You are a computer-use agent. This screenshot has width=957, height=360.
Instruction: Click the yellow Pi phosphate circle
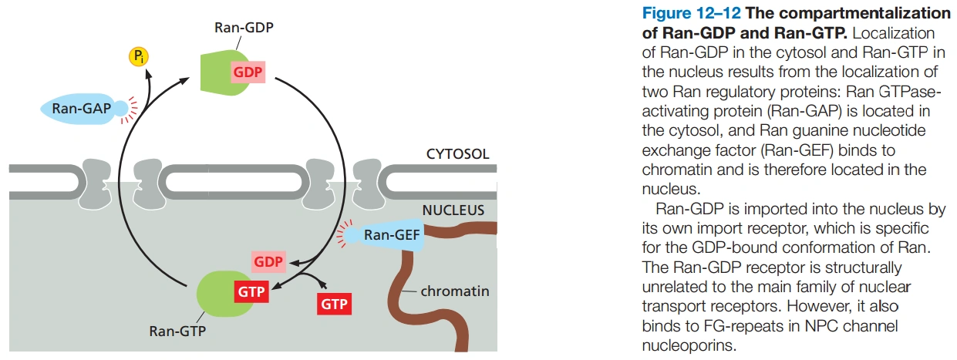click(139, 56)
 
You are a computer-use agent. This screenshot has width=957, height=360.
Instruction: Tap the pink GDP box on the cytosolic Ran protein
click(248, 72)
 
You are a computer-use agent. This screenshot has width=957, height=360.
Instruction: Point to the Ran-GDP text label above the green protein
click(244, 27)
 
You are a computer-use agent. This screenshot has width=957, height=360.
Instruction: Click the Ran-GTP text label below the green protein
click(177, 331)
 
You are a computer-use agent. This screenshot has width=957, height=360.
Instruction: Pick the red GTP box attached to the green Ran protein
click(251, 291)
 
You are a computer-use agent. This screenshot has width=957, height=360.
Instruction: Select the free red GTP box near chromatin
click(334, 304)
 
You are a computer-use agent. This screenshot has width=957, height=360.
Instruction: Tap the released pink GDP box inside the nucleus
click(268, 261)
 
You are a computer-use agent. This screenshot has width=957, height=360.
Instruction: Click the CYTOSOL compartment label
click(457, 153)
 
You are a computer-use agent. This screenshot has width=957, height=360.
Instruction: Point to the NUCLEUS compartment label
click(453, 210)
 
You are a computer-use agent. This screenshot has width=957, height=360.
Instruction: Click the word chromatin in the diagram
click(455, 291)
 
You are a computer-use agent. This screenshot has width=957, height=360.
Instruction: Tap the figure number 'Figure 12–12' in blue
click(691, 13)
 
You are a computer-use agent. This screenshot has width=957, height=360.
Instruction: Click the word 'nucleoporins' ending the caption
click(689, 345)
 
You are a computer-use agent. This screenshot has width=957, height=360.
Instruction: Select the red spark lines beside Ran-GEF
click(345, 234)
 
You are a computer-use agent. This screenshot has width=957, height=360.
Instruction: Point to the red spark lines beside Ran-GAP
click(130, 110)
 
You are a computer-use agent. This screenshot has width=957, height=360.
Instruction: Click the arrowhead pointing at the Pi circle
click(148, 74)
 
